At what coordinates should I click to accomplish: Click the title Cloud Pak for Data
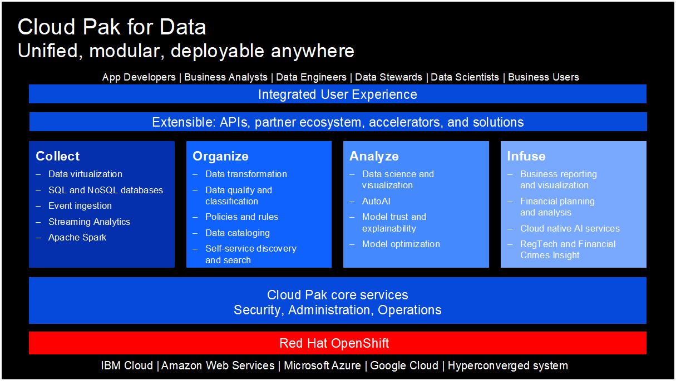pos(112,27)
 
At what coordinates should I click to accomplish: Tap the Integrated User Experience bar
pos(337,94)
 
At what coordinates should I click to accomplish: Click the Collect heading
pos(58,157)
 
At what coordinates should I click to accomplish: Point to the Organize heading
pos(220,157)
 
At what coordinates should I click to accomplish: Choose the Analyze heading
pos(374,157)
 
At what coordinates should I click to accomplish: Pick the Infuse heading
pos(526,157)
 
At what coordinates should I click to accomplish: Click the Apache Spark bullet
pos(77,237)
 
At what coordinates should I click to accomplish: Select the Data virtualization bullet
pos(85,174)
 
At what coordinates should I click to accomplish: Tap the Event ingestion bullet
pos(80,205)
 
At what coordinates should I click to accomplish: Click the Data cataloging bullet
pos(238,233)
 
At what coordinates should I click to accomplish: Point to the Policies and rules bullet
pos(241,217)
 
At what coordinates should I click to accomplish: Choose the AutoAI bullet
pos(376,201)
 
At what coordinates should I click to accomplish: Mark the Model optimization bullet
pos(401,244)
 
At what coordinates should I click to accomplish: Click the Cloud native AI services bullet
pos(570,228)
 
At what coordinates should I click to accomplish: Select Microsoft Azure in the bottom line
pos(324,365)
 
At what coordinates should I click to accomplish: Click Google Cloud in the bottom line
pos(404,365)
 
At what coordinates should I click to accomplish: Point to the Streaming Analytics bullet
pos(89,222)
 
